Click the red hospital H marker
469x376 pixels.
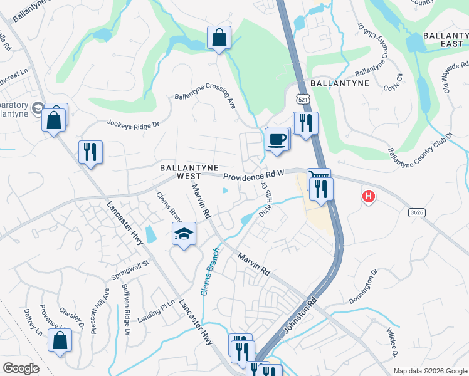[369, 197]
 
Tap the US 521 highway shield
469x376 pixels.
[303, 99]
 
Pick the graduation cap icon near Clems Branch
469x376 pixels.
[183, 235]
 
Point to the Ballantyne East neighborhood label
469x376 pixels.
[446, 39]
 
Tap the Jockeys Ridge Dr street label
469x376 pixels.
[133, 125]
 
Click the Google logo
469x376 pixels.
[21, 368]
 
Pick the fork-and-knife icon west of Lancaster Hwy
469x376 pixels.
[90, 152]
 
